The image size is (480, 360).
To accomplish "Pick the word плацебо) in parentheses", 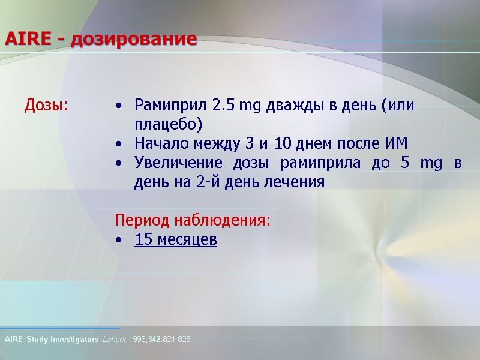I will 169,125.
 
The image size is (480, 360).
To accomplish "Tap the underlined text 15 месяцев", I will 176,240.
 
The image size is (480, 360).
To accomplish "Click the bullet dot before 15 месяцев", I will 120,241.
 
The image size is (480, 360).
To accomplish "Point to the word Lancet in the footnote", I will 116,340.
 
